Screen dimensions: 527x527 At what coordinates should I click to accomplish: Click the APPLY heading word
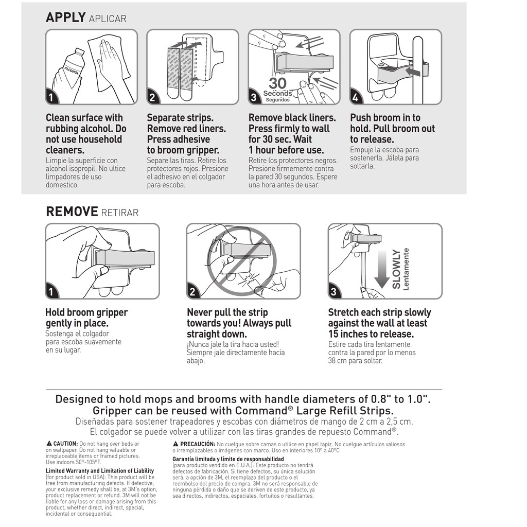(x=65, y=17)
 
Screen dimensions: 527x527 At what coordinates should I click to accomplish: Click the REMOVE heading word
(x=72, y=212)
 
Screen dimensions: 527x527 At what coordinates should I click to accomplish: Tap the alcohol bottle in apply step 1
(x=71, y=69)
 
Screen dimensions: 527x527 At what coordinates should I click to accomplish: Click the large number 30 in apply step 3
(x=277, y=83)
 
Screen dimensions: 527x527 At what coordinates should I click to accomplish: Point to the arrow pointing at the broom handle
(x=412, y=71)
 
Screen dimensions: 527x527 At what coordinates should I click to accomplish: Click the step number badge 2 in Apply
(x=153, y=97)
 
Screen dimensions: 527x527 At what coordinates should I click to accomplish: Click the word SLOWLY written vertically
(x=396, y=269)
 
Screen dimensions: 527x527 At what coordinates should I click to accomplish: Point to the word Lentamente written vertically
(x=406, y=269)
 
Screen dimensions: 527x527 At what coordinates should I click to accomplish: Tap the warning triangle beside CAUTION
(x=49, y=444)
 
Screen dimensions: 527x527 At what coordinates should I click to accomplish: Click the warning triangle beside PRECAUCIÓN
(x=175, y=444)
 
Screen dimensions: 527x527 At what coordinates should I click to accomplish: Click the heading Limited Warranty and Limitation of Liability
(x=99, y=471)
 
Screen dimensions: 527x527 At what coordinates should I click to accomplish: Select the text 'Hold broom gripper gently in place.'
(x=86, y=318)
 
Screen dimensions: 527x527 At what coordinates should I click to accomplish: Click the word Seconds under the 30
(x=277, y=94)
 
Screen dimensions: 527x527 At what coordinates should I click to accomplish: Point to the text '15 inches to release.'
(x=371, y=334)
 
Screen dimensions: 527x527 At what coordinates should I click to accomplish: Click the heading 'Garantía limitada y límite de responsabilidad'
(x=228, y=459)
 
